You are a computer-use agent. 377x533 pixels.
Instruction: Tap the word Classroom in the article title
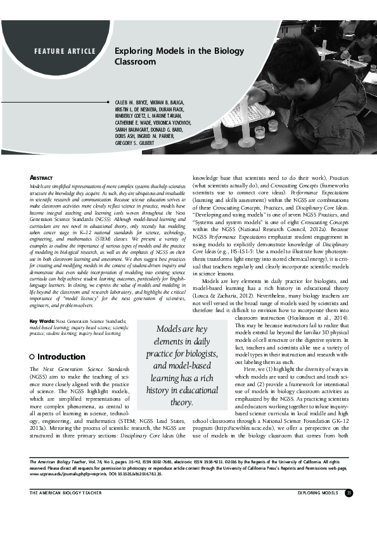pyautogui.click(x=135, y=62)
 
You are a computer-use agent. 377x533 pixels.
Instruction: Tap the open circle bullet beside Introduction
pyautogui.click(x=33, y=356)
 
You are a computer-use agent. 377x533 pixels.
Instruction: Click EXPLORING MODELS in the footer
pyautogui.click(x=318, y=492)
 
